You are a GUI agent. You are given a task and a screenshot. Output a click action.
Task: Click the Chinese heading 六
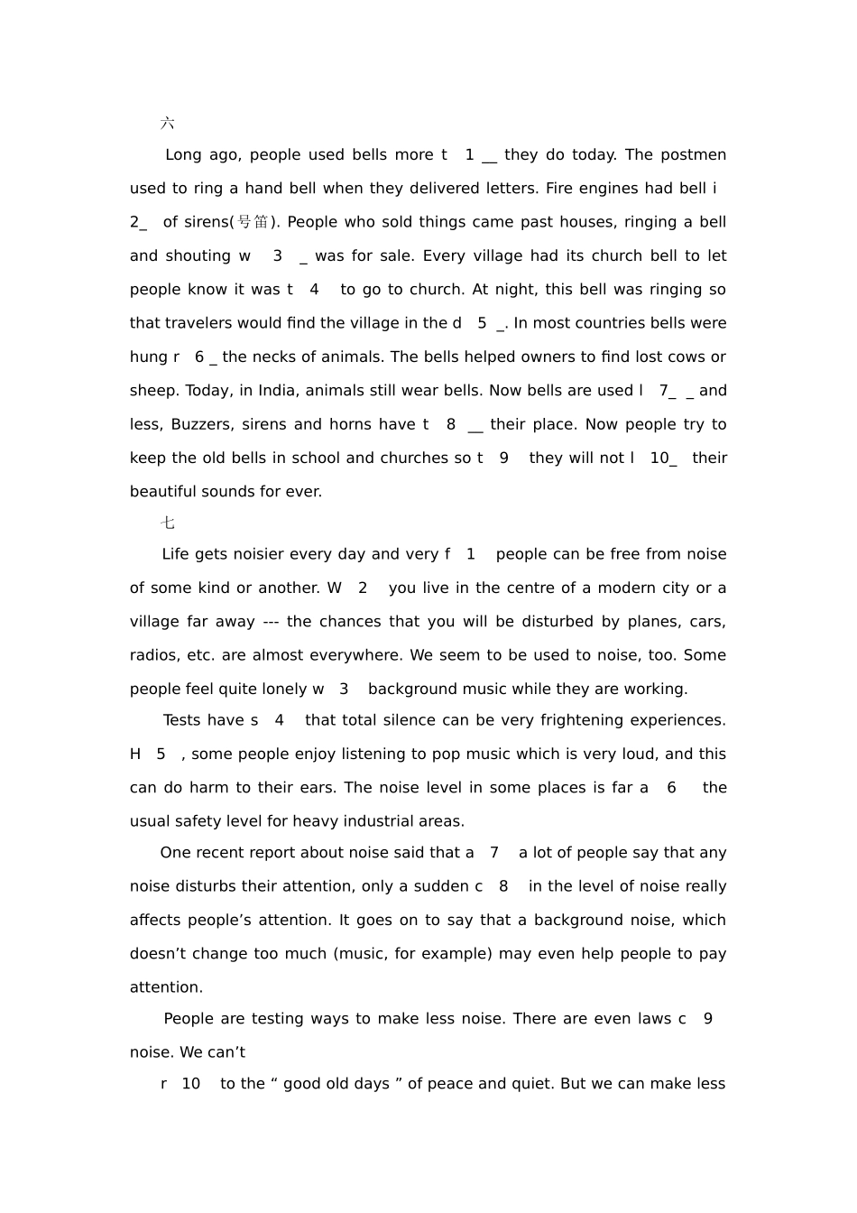point(168,123)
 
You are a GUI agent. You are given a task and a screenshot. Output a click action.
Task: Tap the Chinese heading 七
point(168,523)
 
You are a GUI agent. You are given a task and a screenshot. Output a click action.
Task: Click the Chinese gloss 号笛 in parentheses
point(253,222)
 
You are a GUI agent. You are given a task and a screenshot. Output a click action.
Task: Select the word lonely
point(283,689)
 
